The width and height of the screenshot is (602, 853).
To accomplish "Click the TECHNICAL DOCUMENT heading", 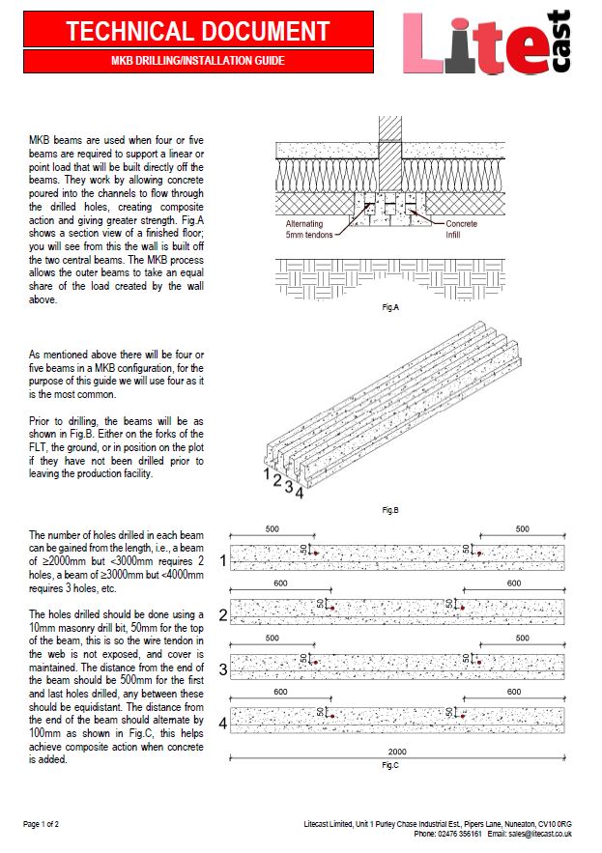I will (198, 31).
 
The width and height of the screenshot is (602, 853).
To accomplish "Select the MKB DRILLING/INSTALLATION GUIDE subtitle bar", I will (198, 61).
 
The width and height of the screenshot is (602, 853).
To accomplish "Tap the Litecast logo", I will (487, 43).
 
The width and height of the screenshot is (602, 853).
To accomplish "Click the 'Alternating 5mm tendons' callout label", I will (307, 229).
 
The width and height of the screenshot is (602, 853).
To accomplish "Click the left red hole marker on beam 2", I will (331, 609).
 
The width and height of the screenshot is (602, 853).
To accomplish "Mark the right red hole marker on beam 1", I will (478, 554).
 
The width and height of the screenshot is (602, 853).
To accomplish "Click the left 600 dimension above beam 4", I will (279, 693).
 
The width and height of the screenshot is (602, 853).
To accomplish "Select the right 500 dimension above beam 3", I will (522, 639).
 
